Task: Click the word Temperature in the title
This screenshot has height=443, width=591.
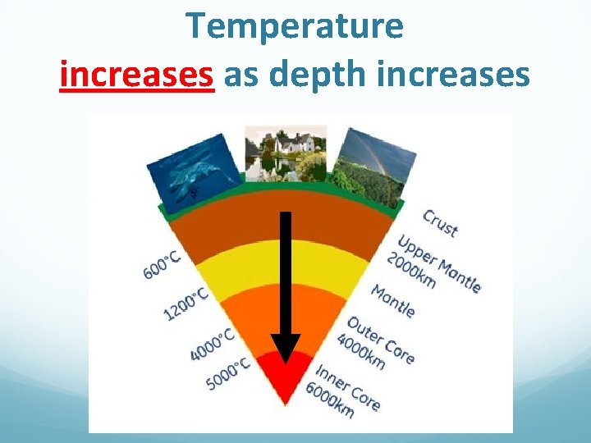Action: tap(295, 26)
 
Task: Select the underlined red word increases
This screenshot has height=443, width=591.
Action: tap(137, 75)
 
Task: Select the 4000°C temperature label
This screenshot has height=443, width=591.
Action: tap(212, 343)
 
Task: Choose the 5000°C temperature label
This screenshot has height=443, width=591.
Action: tap(228, 373)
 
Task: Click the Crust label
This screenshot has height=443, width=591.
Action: tap(441, 223)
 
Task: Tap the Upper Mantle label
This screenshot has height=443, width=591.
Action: tap(440, 263)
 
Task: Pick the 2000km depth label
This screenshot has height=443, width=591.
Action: tap(413, 270)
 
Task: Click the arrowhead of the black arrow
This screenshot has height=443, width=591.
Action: tap(286, 348)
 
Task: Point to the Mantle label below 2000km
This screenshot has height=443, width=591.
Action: tap(393, 300)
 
